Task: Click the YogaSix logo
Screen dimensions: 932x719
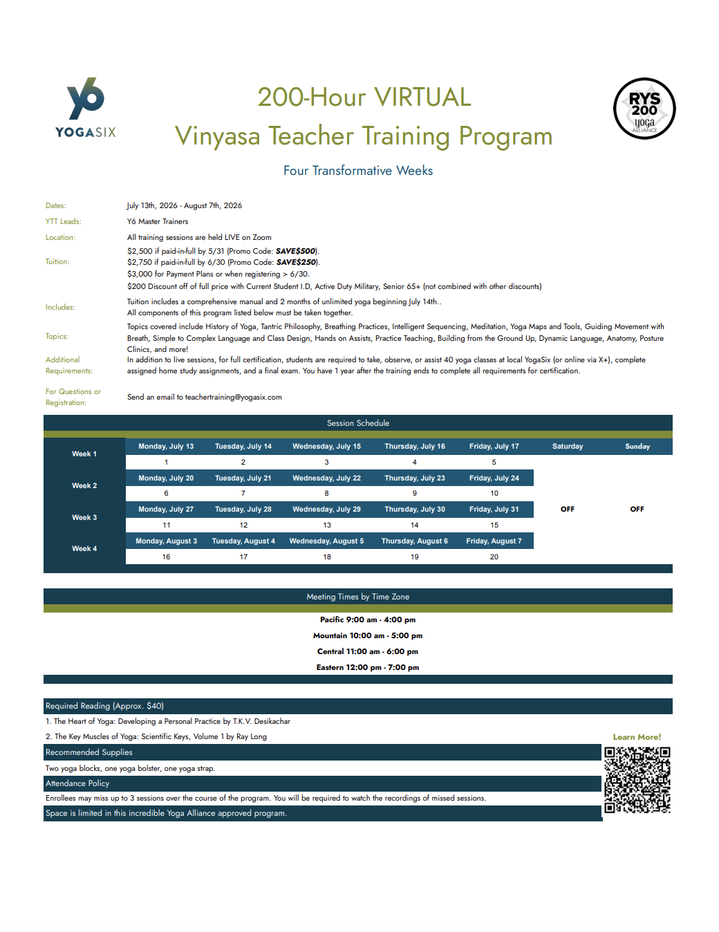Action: [x=86, y=107]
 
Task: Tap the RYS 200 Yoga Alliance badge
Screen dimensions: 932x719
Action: [x=644, y=109]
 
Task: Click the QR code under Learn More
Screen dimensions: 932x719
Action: [x=637, y=780]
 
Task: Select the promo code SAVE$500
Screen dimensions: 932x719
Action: [x=295, y=251]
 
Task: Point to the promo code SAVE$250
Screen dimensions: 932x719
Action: [x=296, y=262]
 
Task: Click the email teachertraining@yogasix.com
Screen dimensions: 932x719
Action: [x=233, y=397]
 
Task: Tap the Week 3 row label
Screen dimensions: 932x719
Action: [x=84, y=517]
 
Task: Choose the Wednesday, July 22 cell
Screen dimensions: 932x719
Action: [x=326, y=478]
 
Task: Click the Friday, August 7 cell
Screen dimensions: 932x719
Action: [x=494, y=541]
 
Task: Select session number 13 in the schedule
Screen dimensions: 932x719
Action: [x=327, y=525]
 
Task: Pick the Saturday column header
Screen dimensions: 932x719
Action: [x=568, y=447]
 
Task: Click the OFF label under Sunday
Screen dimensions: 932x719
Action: [x=637, y=509]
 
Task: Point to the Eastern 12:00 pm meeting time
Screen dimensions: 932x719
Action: [x=367, y=667]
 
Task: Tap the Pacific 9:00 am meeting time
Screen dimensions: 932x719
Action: [x=367, y=619]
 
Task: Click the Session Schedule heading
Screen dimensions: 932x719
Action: [x=358, y=423]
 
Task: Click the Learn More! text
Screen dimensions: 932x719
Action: [x=637, y=737]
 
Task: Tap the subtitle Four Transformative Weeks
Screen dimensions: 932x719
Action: [x=358, y=171]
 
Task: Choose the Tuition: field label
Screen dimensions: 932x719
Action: [x=57, y=261]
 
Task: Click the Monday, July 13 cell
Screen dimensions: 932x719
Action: [x=166, y=447]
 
